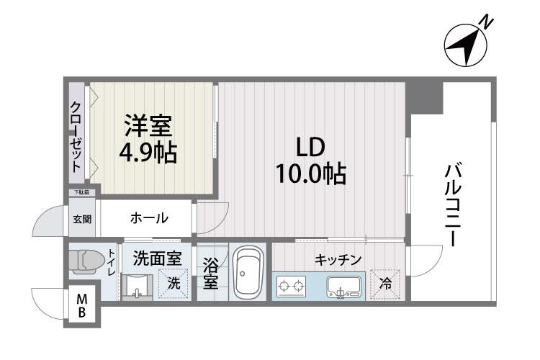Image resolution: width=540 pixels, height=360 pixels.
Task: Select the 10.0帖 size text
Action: [310, 174]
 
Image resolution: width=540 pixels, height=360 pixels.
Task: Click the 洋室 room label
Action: [148, 127]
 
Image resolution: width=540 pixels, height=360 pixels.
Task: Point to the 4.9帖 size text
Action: [148, 153]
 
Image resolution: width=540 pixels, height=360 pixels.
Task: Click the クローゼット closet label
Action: [76, 136]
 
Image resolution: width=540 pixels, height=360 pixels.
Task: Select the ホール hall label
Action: [149, 217]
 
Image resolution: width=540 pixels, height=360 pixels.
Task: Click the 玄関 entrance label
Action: [81, 218]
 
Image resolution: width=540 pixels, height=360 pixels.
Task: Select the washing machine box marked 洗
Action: [174, 283]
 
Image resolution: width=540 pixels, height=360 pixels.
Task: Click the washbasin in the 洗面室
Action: [136, 287]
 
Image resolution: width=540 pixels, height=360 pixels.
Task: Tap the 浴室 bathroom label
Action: [210, 271]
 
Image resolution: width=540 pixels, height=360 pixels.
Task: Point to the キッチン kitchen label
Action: [337, 259]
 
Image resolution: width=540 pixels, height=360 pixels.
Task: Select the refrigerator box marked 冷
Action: [384, 284]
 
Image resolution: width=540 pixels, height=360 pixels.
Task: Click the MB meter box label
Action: [82, 305]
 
